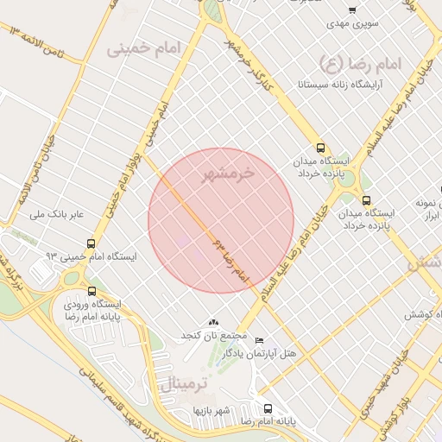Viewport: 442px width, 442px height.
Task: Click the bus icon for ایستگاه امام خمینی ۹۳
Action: pos(92,244)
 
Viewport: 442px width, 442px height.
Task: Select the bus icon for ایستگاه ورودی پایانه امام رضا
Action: pos(93,290)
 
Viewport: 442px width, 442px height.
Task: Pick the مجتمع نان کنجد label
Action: pos(213,334)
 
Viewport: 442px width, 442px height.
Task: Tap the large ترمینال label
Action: pos(182,384)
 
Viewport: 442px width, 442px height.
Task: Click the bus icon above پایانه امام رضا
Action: pos(267,408)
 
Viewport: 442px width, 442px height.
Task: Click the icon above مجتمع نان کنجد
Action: pos(214,322)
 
